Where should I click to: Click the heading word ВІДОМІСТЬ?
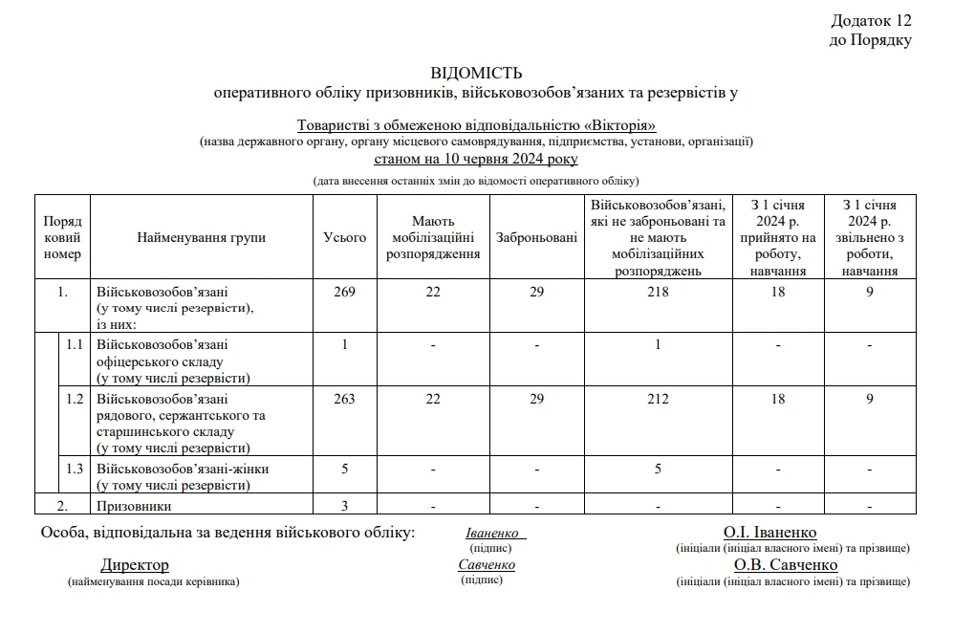(476, 74)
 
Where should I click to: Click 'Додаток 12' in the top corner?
(871, 21)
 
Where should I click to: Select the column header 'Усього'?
(345, 237)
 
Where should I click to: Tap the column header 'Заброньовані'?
(536, 237)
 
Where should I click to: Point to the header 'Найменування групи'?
(202, 237)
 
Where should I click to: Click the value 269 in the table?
(345, 292)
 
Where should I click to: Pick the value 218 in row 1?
(658, 292)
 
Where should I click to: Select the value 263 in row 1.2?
(345, 399)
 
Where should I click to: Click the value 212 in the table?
(658, 399)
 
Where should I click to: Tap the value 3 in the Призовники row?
(345, 506)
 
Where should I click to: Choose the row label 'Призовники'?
(135, 506)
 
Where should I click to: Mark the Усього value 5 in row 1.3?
(345, 469)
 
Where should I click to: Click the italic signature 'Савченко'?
(487, 565)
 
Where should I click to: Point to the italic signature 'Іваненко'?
(492, 534)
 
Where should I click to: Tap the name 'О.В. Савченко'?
(786, 565)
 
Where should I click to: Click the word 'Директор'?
(135, 566)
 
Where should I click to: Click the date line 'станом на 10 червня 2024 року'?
(476, 159)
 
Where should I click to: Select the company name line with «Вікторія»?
(476, 125)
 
